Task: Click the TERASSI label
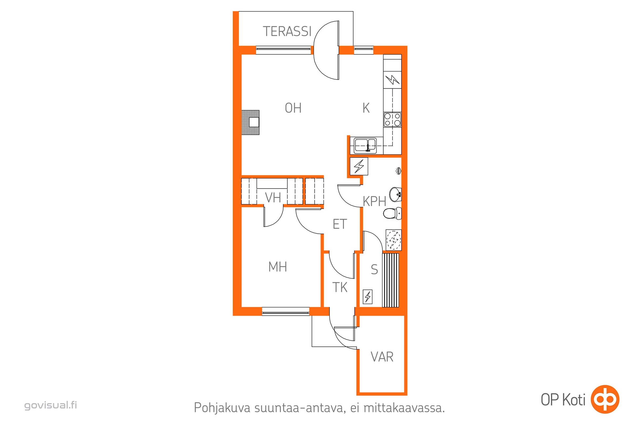point(287,31)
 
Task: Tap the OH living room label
point(293,108)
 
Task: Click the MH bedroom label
point(277,267)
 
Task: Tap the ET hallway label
point(340,224)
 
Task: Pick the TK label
point(340,288)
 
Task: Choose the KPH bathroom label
point(374,202)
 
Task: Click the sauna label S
point(374,269)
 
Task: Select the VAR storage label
point(382,357)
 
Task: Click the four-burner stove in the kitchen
point(392,120)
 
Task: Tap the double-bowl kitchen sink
point(365,146)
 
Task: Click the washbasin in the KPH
point(395,195)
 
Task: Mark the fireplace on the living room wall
point(251,122)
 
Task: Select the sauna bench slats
point(391,280)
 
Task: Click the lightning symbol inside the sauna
point(368,297)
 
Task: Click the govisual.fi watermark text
point(51,405)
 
